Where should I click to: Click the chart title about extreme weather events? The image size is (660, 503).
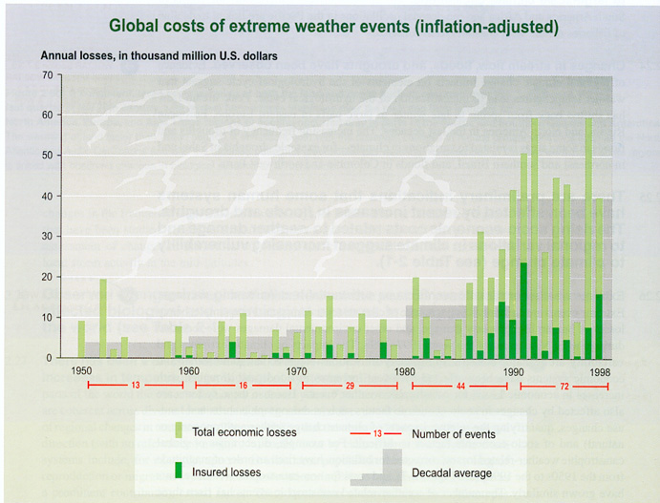(x=333, y=25)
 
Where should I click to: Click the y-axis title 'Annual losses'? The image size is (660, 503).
(x=159, y=56)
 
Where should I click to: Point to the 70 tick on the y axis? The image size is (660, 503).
(x=47, y=74)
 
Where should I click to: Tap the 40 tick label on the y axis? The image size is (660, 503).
(x=47, y=196)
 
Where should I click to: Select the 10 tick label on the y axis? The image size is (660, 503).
(x=47, y=317)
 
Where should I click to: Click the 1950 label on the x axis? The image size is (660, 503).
(x=81, y=370)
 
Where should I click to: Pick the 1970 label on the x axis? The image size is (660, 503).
(x=297, y=370)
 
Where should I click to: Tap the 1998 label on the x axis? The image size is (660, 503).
(x=600, y=370)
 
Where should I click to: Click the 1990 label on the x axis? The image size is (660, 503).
(x=514, y=370)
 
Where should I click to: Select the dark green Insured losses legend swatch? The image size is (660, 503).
(x=180, y=470)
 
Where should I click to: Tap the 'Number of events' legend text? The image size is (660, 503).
(x=454, y=434)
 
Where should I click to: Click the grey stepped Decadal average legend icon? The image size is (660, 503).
(x=378, y=468)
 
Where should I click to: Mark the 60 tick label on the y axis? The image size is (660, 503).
(x=47, y=115)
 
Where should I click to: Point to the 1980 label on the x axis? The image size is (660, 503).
(x=405, y=370)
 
